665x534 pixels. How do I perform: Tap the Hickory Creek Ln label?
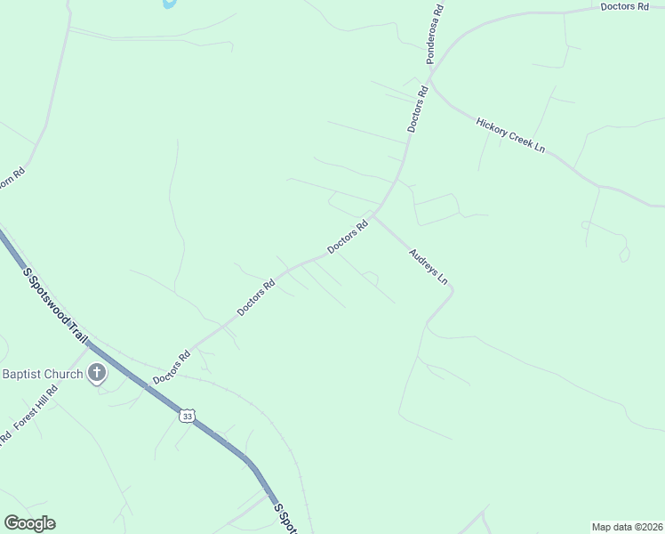pyautogui.click(x=509, y=134)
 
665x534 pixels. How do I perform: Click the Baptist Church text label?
pyautogui.click(x=42, y=374)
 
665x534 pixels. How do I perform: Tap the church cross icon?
pyautogui.click(x=97, y=374)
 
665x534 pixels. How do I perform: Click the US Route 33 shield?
pyautogui.click(x=186, y=416)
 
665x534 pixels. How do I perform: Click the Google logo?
pyautogui.click(x=29, y=523)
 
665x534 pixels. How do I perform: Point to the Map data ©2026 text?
pyautogui.click(x=627, y=527)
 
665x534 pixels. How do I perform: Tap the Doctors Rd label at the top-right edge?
pyautogui.click(x=624, y=6)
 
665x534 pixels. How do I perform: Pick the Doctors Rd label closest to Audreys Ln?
pyautogui.click(x=348, y=237)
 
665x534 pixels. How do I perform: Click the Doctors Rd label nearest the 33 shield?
pyautogui.click(x=172, y=367)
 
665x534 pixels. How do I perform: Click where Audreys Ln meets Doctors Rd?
pyautogui.click(x=374, y=215)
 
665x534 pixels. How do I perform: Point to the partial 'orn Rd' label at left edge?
pyautogui.click(x=12, y=174)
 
